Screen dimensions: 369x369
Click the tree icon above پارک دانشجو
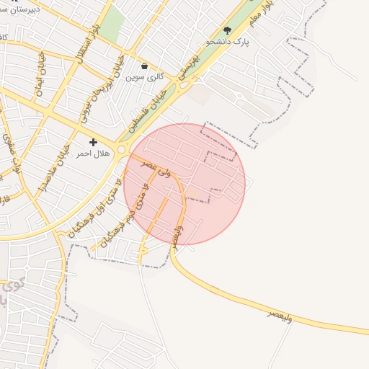pyautogui.click(x=228, y=30)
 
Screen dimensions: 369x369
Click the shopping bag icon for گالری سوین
pyautogui.click(x=145, y=66)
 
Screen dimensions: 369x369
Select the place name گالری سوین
pyautogui.click(x=145, y=76)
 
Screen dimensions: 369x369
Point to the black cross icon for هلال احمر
pyautogui.click(x=93, y=143)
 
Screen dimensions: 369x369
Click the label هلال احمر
pyautogui.click(x=93, y=154)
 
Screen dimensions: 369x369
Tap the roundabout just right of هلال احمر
pyautogui.click(x=122, y=150)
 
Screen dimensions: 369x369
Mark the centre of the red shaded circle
pyautogui.click(x=184, y=184)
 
